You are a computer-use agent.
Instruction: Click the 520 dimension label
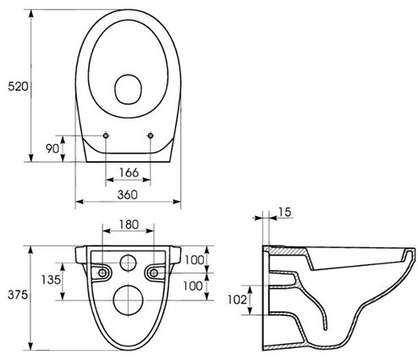click(18, 86)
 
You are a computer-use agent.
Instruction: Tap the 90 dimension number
click(52, 148)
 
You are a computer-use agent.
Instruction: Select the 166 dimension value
click(129, 172)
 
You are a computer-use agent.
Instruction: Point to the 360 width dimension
click(128, 195)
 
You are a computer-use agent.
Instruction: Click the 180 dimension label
click(129, 224)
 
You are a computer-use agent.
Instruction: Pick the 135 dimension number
click(51, 280)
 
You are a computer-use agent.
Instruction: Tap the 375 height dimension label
click(18, 295)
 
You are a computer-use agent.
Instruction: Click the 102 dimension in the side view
click(237, 300)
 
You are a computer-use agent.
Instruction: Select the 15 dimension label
click(285, 212)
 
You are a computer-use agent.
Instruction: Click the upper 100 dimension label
click(194, 260)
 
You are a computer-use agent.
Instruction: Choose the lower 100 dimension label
click(193, 286)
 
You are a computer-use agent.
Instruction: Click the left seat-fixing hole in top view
click(106, 136)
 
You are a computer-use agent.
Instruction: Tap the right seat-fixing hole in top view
click(151, 136)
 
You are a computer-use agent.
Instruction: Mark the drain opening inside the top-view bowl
click(128, 89)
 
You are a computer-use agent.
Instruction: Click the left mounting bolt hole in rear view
click(102, 273)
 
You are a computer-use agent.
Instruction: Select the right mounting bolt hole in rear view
click(154, 273)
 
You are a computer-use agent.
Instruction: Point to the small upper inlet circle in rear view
click(129, 263)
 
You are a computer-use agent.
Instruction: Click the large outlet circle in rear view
click(129, 300)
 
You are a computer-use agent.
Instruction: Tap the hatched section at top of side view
click(286, 251)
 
